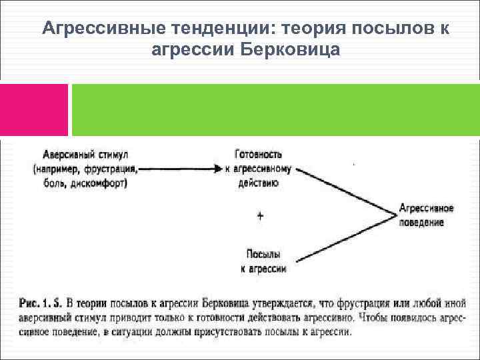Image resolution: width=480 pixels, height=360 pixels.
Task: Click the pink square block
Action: pos(34,110)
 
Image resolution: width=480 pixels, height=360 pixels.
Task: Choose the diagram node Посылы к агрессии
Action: pos(263,261)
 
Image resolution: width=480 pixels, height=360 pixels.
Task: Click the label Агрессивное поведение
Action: pos(426,215)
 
